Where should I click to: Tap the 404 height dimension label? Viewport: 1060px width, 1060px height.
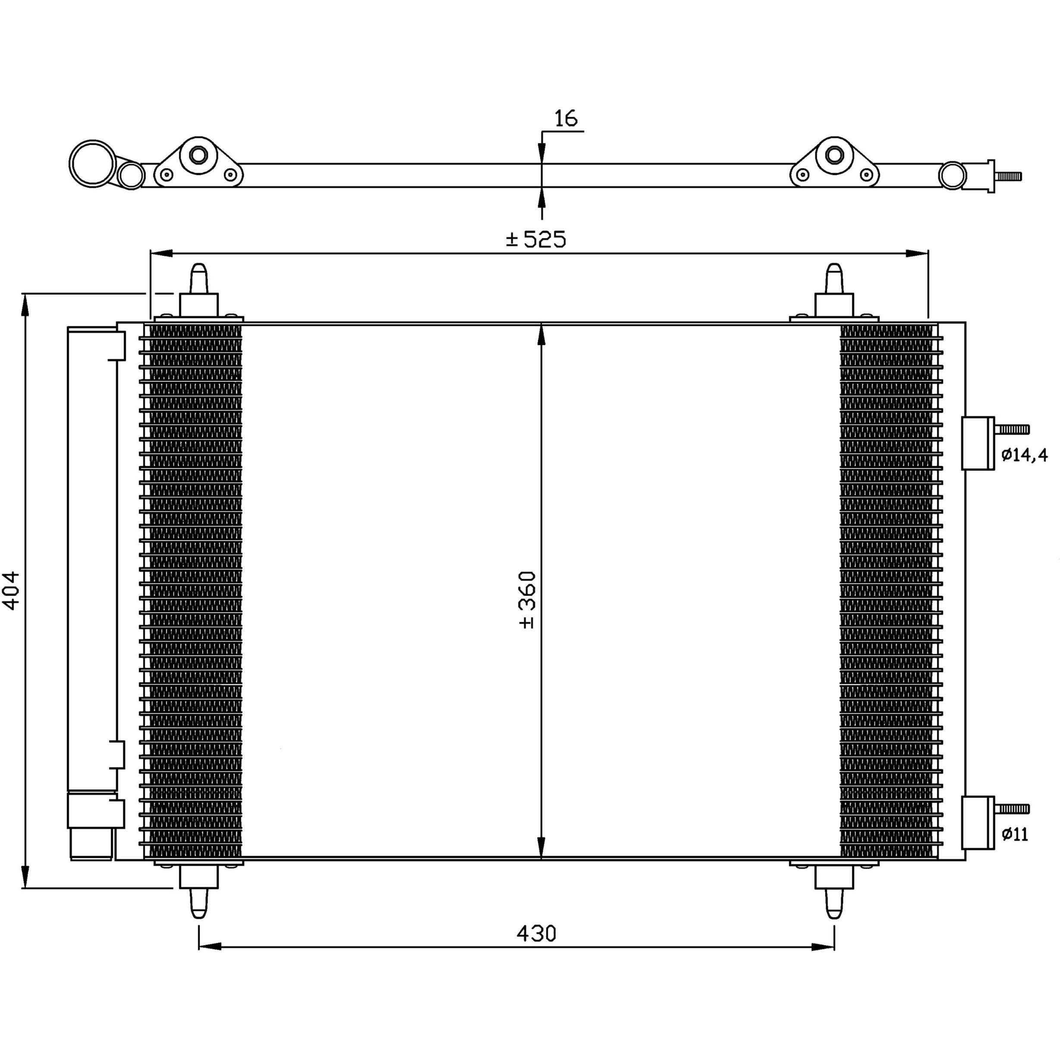point(12,590)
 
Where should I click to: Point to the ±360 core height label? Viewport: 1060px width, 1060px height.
point(527,599)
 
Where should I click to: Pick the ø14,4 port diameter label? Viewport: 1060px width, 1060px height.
point(1024,455)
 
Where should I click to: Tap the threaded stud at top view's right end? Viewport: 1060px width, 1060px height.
point(1008,176)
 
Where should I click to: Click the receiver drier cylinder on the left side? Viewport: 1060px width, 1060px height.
point(91,592)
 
